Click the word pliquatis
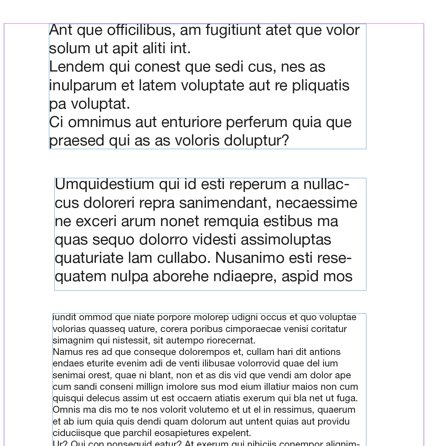(321, 86)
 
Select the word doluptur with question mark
(256, 141)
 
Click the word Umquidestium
(104, 184)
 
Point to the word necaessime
(316, 203)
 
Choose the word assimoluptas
(286, 240)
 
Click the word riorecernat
(231, 340)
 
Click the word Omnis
(64, 410)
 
